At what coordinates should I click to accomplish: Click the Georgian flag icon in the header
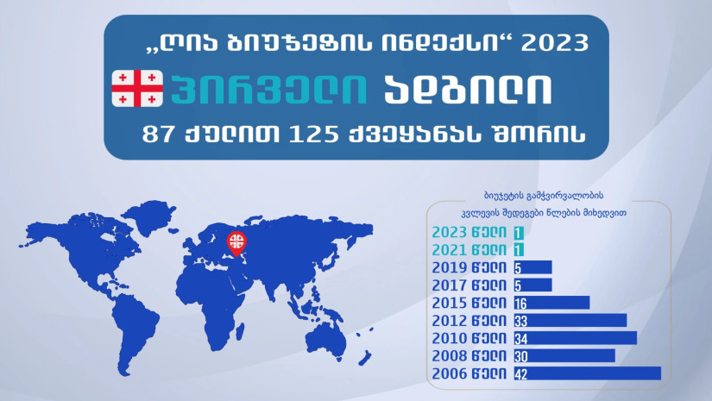[x=137, y=89]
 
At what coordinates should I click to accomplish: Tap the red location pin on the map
[x=236, y=243]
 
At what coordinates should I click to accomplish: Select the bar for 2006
[x=588, y=373]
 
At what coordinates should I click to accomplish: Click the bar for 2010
[x=576, y=338]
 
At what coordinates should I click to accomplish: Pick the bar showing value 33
[x=570, y=320]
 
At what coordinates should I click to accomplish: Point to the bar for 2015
[x=551, y=303]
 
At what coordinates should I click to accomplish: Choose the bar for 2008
[x=564, y=355]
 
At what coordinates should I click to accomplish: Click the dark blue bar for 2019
[x=533, y=267]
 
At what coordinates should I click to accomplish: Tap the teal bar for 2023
[x=519, y=233]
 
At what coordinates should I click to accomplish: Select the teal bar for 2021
[x=519, y=250]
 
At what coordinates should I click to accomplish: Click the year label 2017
[x=450, y=285]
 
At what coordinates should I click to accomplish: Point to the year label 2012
[x=450, y=321]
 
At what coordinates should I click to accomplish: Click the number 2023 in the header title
[x=554, y=43]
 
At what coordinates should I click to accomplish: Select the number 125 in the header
[x=313, y=135]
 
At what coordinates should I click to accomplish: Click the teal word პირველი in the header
[x=268, y=89]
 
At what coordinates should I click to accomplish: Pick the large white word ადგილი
[x=468, y=89]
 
